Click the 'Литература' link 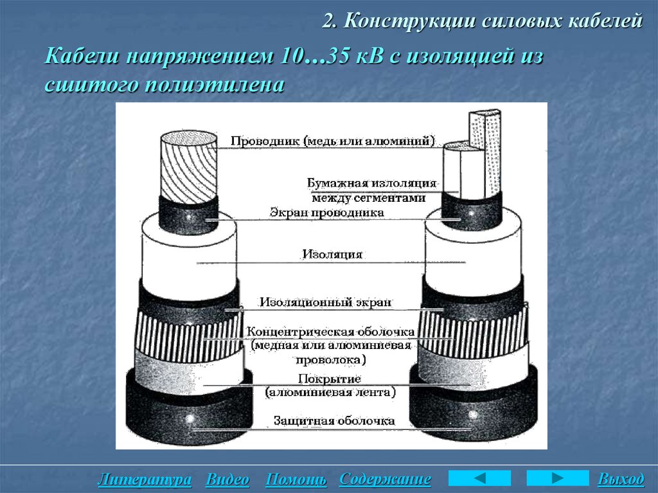[x=145, y=480]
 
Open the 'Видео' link [x=227, y=480]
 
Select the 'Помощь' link [x=296, y=480]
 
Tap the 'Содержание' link [x=385, y=480]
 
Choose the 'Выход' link [x=621, y=480]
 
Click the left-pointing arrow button [x=479, y=478]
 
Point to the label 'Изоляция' [x=332, y=255]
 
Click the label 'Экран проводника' [x=327, y=212]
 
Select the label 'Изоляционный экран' [x=325, y=301]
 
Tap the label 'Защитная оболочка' [x=333, y=421]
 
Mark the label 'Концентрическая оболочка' [x=331, y=332]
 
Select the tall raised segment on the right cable [x=486, y=154]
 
